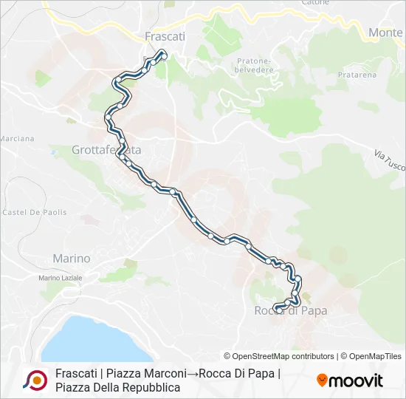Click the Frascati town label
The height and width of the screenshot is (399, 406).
[165, 35]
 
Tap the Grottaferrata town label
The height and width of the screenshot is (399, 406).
[106, 150]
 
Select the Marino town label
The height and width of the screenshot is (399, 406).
[72, 259]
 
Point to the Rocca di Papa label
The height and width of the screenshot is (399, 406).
[290, 311]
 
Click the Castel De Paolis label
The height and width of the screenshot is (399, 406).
[35, 212]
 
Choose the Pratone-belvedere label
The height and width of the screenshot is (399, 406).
[254, 65]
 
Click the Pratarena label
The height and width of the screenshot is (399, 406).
[357, 75]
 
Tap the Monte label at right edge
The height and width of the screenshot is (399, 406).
[385, 33]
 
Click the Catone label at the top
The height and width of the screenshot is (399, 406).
[315, 3]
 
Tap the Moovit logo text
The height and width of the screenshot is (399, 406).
[356, 381]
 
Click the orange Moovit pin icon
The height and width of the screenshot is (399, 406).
[322, 380]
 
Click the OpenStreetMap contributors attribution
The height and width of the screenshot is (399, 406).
[279, 356]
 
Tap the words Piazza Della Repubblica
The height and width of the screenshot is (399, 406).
[117, 387]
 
